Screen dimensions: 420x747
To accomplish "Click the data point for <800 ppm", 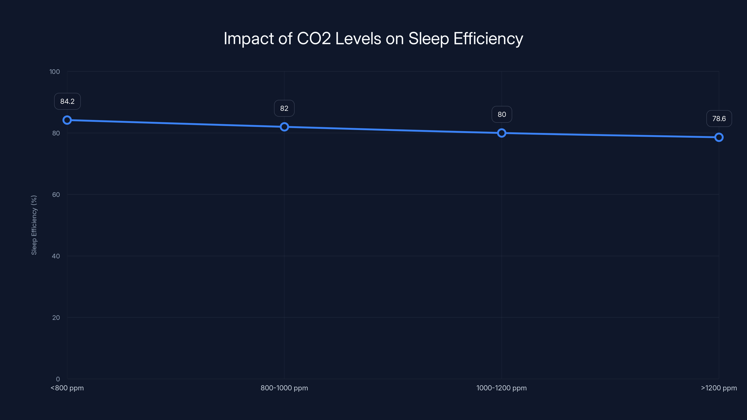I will [x=67, y=120].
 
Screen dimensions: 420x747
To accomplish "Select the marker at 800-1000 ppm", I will [x=284, y=127].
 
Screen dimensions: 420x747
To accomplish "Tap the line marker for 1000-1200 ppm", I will [x=501, y=133].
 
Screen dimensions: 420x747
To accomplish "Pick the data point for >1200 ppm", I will [x=719, y=137].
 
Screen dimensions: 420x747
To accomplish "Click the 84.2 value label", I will [x=67, y=101].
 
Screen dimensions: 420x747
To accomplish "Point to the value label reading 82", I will [x=284, y=108].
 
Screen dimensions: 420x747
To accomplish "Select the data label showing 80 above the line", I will [x=502, y=115].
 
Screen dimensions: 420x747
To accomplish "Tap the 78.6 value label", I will [x=719, y=119].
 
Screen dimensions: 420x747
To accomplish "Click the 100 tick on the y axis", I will [x=55, y=72].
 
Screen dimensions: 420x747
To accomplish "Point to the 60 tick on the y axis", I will [x=56, y=195].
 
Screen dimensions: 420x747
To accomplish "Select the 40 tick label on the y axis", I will [x=56, y=256].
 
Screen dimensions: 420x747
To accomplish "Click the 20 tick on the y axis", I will [x=56, y=317].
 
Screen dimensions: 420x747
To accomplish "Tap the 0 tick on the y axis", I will [x=58, y=379].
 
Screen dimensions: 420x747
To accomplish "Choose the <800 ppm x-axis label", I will [x=67, y=388].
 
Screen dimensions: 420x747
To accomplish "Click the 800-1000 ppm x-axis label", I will [x=284, y=388].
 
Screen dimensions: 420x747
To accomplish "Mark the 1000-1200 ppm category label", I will [x=501, y=388].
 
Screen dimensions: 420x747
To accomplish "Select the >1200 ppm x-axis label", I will [x=719, y=388].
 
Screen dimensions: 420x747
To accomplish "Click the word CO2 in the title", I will [x=314, y=38].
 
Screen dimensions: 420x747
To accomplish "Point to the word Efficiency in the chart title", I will [x=488, y=38].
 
